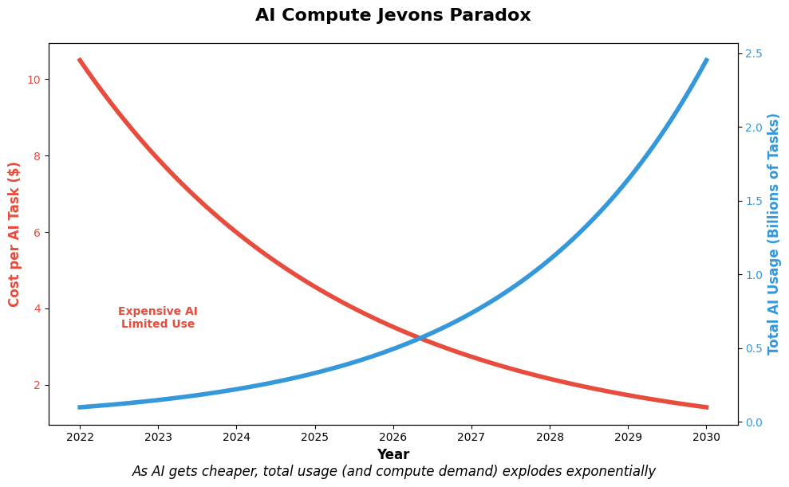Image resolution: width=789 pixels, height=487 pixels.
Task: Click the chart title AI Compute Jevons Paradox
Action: tap(393, 16)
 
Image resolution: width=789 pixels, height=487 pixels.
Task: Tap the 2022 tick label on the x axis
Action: tap(80, 438)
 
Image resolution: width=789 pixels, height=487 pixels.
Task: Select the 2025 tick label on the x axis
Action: tap(314, 438)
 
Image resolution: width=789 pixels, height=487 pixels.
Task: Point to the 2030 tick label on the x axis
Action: tap(706, 438)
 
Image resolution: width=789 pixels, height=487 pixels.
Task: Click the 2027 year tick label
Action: tap(471, 438)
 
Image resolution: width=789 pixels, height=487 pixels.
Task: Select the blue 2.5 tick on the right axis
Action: tap(754, 53)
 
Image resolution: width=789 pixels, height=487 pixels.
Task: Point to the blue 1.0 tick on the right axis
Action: tap(754, 275)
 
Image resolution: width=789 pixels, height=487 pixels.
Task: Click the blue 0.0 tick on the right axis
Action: tap(754, 422)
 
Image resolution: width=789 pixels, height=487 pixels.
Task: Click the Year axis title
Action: tap(393, 455)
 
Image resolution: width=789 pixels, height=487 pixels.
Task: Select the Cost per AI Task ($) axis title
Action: tap(14, 234)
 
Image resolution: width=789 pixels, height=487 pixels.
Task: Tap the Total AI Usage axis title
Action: tap(774, 234)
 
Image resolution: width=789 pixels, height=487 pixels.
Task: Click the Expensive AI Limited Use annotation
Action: tap(158, 318)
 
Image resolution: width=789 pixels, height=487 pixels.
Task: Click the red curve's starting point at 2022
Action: tap(80, 60)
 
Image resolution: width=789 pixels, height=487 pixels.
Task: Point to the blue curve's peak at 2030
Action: tap(706, 60)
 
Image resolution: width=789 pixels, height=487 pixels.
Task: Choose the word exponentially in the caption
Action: tap(610, 472)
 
